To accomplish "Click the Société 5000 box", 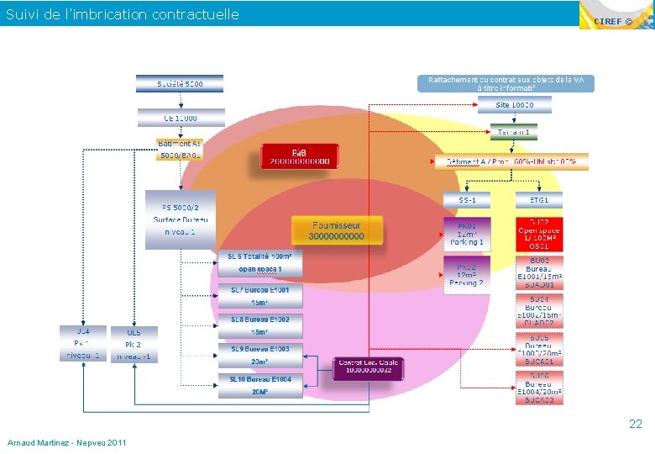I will [x=180, y=84].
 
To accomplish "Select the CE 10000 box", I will [x=180, y=119].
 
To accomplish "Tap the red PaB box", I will [x=299, y=156].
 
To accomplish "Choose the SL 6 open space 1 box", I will [x=259, y=263].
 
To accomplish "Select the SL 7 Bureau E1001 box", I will [x=259, y=296].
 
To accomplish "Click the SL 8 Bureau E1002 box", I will [x=259, y=325].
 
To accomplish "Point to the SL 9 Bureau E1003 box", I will [x=259, y=355].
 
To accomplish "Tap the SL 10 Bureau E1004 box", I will [x=259, y=385].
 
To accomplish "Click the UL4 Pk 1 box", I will [x=81, y=343].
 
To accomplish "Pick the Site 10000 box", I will [x=514, y=105].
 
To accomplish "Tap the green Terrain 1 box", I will [x=514, y=132].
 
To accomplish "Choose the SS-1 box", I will [x=467, y=200].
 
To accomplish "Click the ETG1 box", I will [x=538, y=200].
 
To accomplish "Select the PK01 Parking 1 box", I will [x=467, y=234].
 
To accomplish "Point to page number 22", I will [x=636, y=425].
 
